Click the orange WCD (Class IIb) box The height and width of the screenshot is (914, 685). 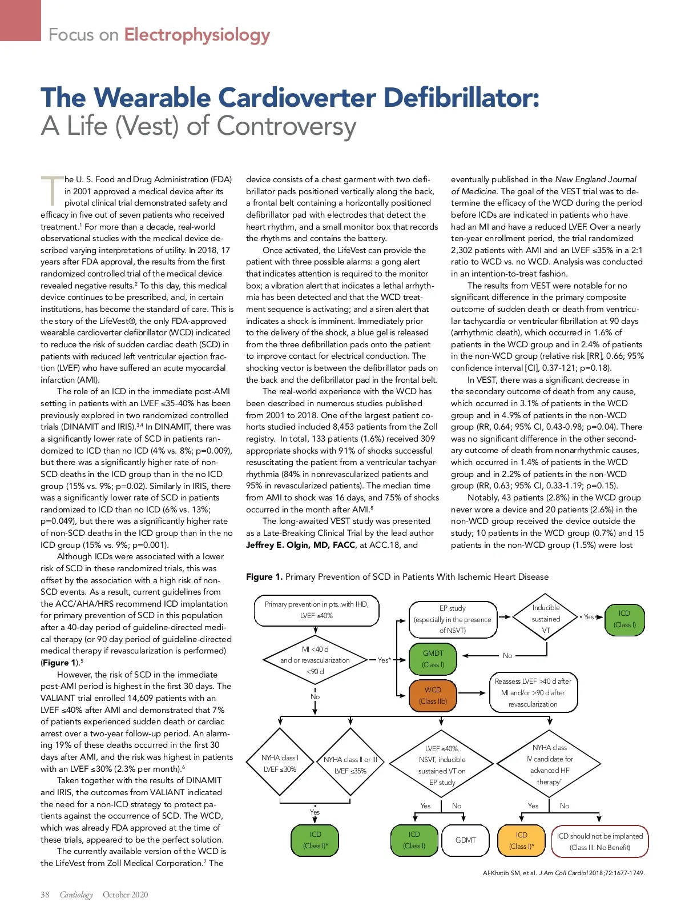[x=433, y=695]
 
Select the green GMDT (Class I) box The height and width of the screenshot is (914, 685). [x=433, y=659]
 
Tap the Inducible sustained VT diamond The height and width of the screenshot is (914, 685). [x=546, y=619]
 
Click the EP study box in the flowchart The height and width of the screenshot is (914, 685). [x=453, y=619]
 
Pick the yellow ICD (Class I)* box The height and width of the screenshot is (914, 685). [x=521, y=840]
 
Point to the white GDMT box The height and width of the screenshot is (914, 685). [x=465, y=840]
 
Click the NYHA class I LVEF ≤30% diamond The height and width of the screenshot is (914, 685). [x=280, y=764]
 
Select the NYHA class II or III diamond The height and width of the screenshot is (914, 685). [x=350, y=765]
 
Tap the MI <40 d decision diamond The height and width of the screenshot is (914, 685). [x=315, y=660]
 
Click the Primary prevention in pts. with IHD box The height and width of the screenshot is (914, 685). [x=316, y=610]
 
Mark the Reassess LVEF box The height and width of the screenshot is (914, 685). [x=533, y=692]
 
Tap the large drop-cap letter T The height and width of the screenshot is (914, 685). [x=51, y=191]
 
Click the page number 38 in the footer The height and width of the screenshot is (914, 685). [x=45, y=895]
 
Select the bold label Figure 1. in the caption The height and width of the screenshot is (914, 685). [x=264, y=577]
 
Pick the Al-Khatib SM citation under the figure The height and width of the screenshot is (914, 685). [x=563, y=873]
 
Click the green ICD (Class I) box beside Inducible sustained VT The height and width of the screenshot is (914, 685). [x=624, y=619]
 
